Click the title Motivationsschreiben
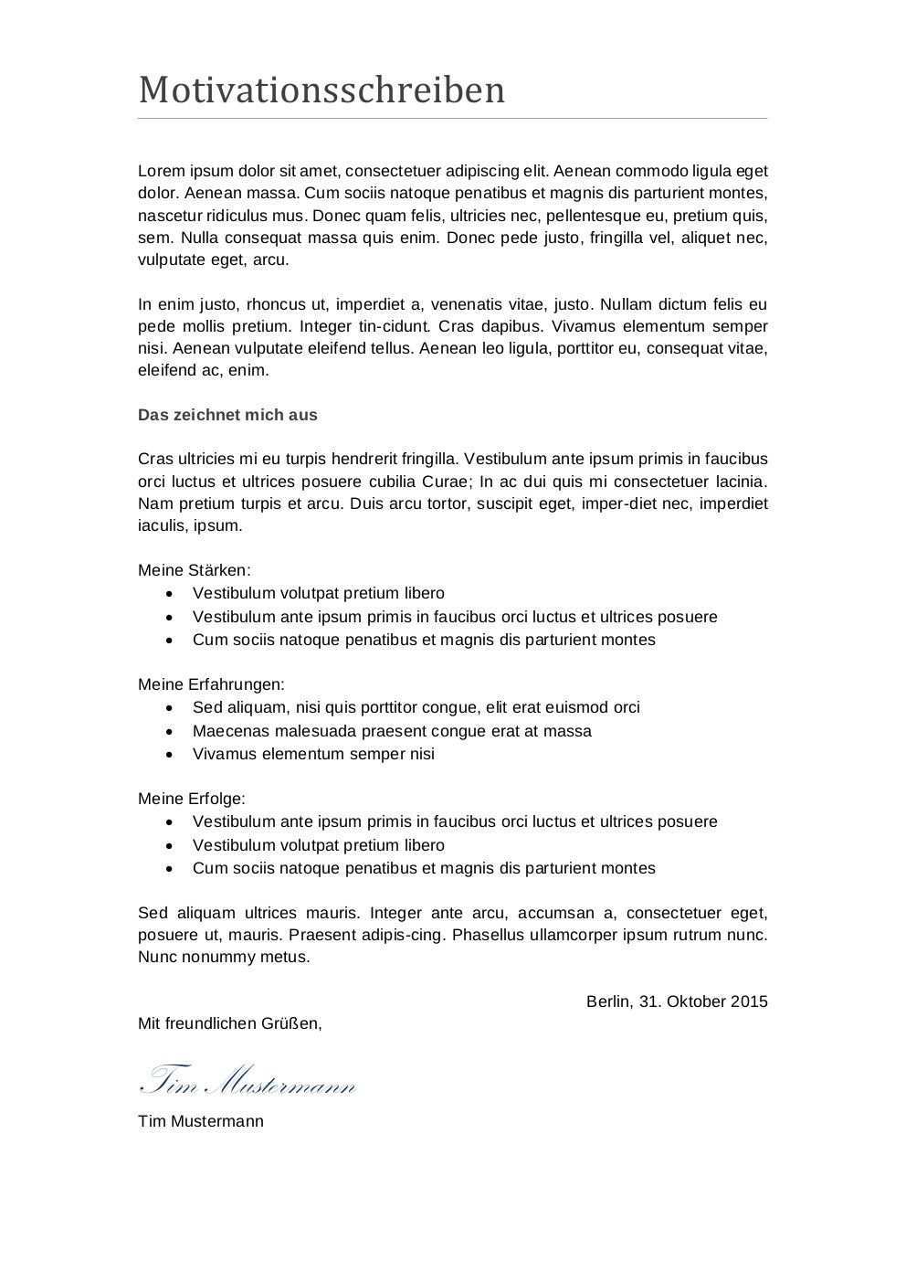[x=321, y=90]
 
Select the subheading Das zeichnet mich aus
[x=227, y=415]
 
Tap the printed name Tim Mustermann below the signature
[x=200, y=1121]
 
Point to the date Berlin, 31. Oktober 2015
[x=677, y=1001]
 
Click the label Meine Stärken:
[x=194, y=570]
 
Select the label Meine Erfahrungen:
[x=211, y=684]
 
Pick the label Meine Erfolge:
[x=192, y=799]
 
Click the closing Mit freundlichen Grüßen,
[x=229, y=1023]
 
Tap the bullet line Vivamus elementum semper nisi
[x=313, y=754]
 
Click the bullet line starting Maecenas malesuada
[x=392, y=731]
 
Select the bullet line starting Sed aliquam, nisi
[x=416, y=707]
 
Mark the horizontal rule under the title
[x=452, y=119]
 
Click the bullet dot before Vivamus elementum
[x=169, y=755]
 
